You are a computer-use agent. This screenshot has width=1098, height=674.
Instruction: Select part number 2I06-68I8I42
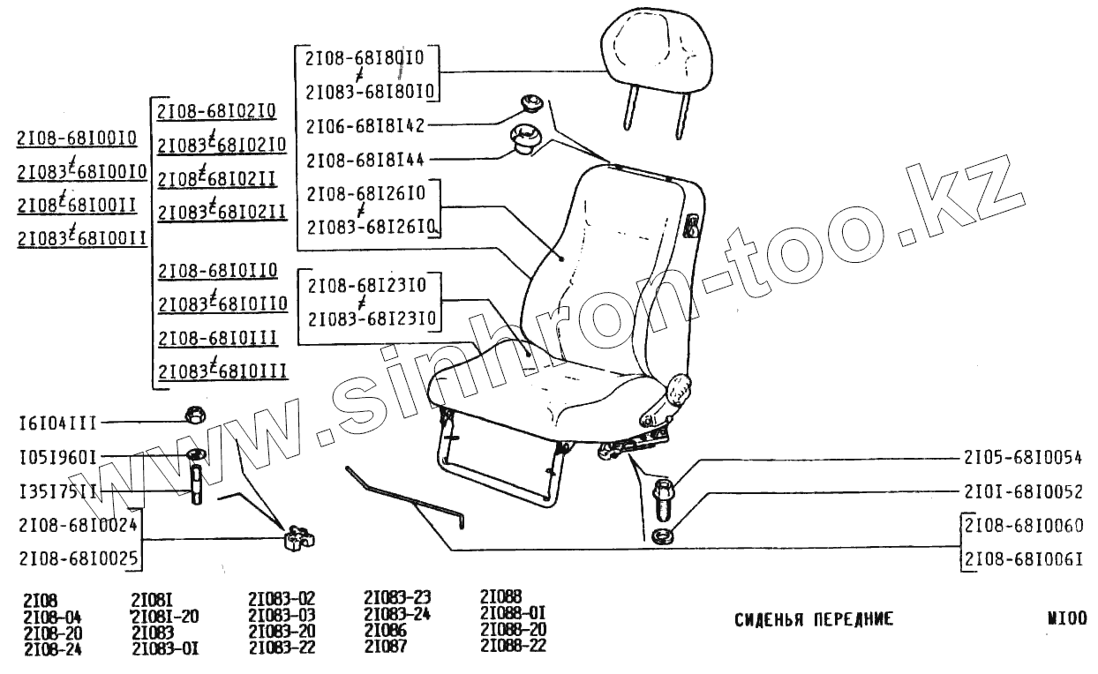365,126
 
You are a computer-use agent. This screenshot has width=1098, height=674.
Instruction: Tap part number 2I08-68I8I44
365,160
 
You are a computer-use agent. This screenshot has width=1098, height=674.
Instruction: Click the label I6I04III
56,423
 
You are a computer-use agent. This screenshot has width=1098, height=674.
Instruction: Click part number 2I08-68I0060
1024,526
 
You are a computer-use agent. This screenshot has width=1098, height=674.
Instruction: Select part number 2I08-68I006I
1024,558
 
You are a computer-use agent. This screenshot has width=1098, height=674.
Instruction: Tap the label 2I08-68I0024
78,526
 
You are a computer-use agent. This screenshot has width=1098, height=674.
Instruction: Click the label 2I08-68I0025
78,558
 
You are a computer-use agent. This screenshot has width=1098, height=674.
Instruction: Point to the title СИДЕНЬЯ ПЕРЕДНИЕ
814,619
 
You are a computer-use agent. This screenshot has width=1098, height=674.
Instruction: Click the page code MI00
1066,618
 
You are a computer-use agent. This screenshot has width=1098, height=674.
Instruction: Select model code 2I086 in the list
385,632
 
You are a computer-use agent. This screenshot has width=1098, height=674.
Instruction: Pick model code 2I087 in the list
385,648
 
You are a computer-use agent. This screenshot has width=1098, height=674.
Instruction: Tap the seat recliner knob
678,388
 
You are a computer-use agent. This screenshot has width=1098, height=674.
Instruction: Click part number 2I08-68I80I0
365,58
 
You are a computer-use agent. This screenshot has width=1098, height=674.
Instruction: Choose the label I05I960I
56,459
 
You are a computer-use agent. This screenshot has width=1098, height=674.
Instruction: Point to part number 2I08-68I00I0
77,139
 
